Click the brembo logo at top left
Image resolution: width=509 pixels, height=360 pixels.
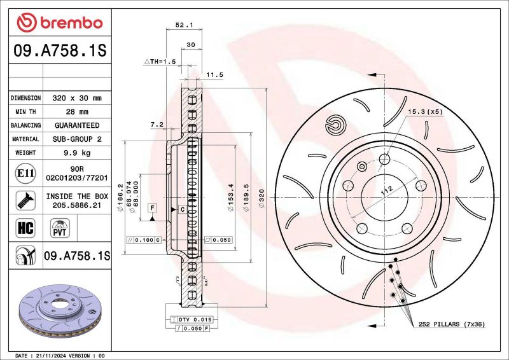59,23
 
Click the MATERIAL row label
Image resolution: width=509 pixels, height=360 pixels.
26,139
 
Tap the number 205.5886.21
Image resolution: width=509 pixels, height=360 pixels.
77,205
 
